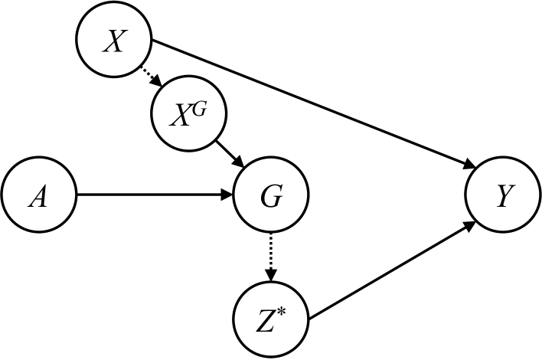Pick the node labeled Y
coord(502,197)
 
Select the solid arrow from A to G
coord(153,196)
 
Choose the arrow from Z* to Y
coord(390,267)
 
